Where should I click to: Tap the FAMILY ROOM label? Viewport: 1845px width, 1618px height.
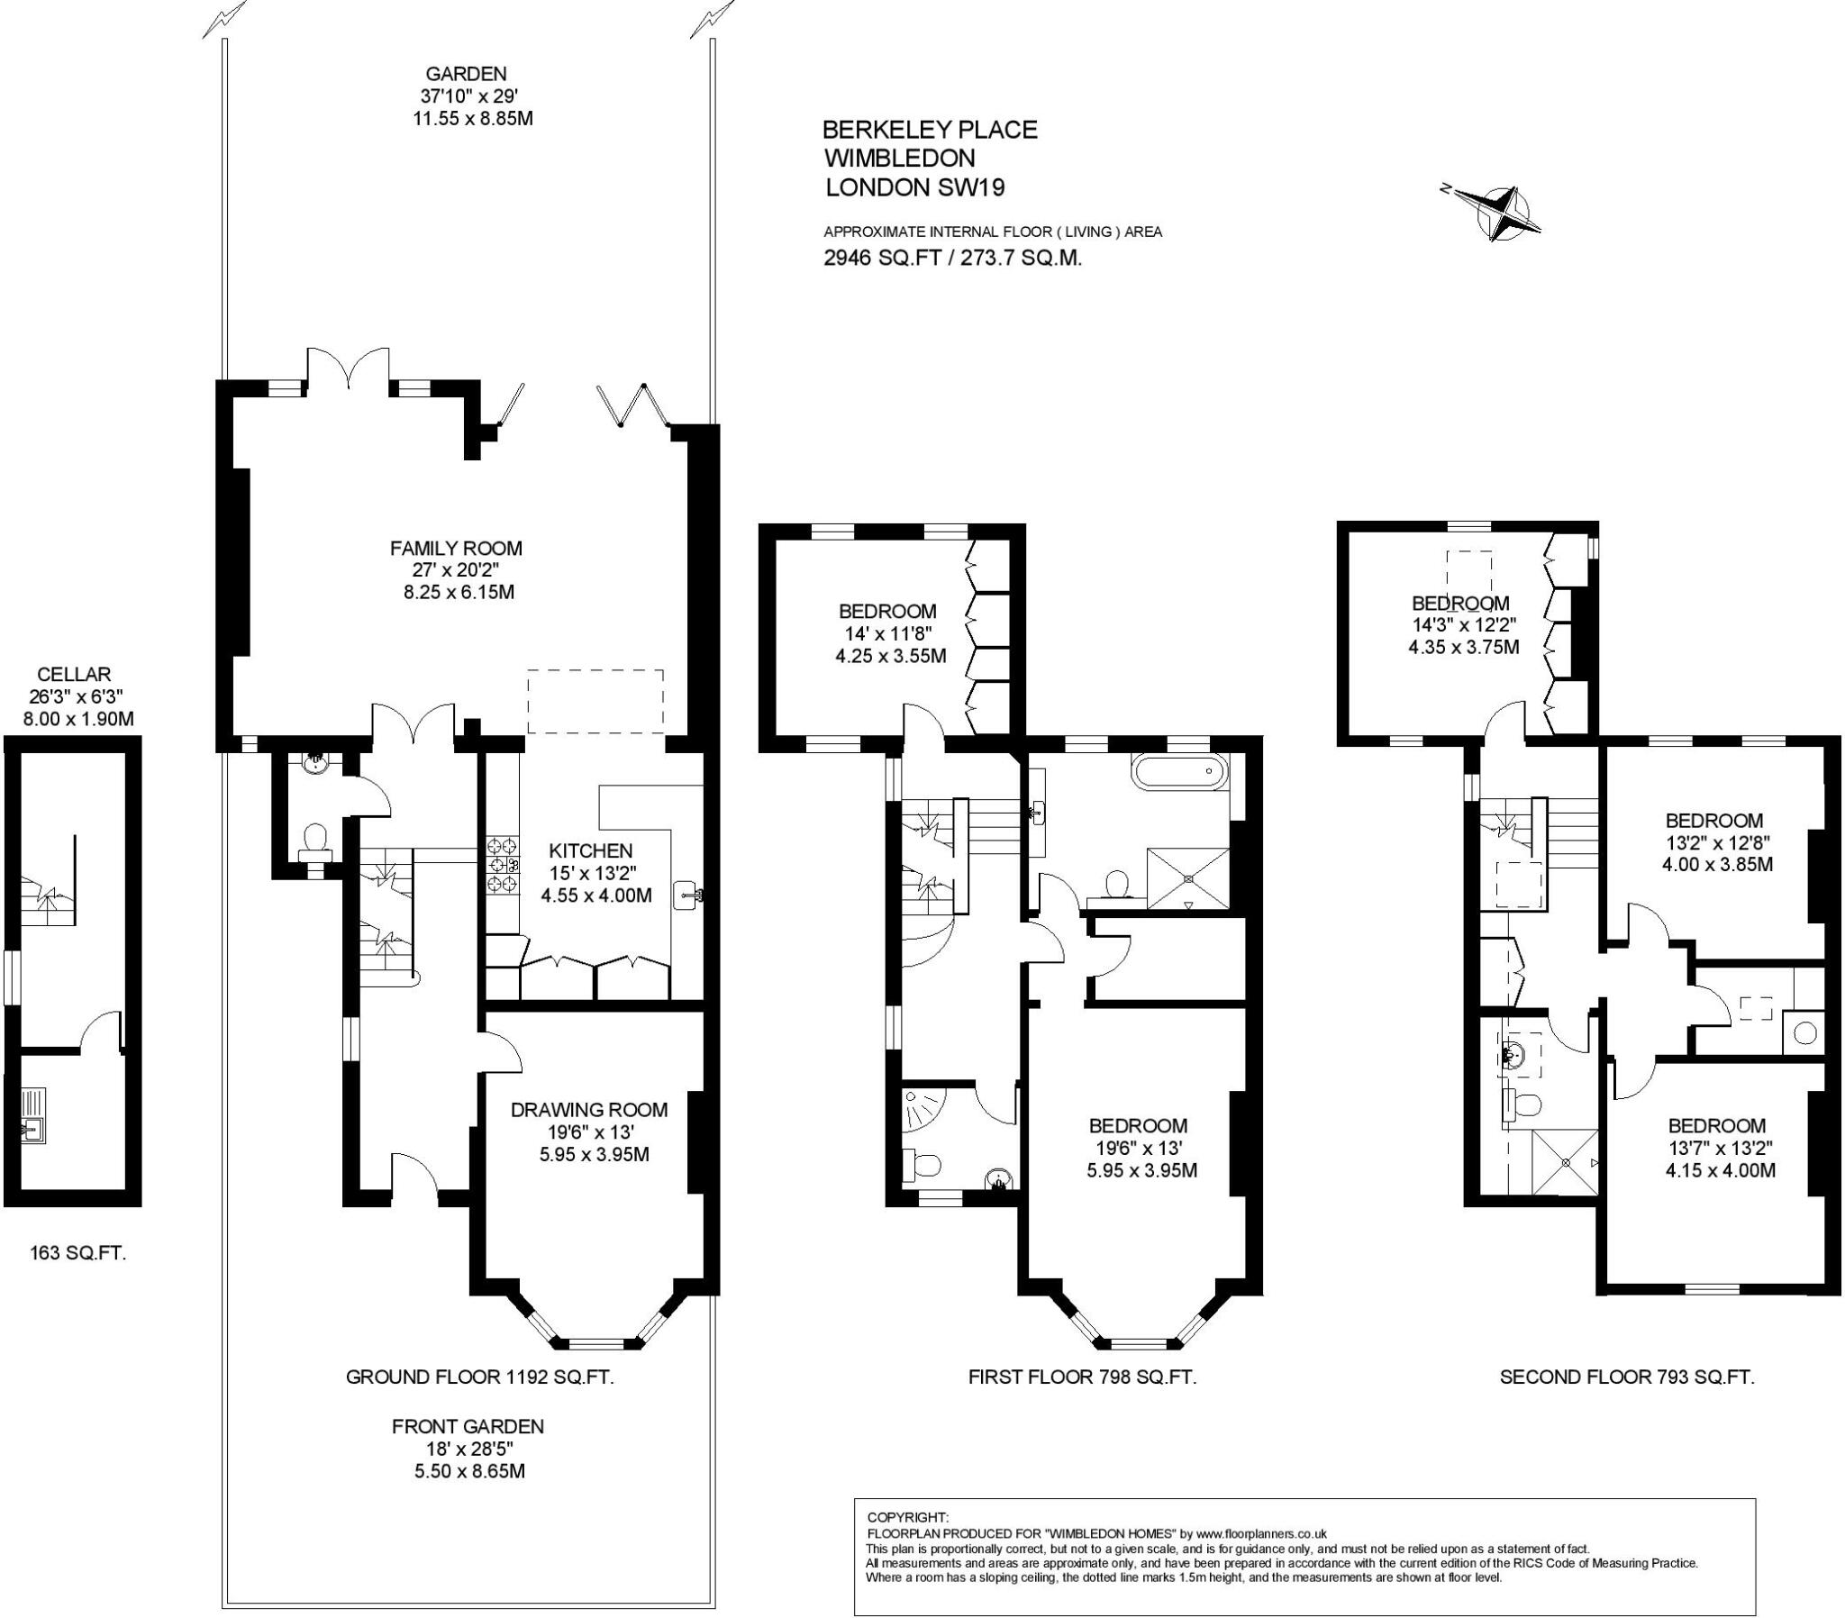pyautogui.click(x=456, y=548)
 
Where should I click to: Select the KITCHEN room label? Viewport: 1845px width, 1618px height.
pyautogui.click(x=591, y=850)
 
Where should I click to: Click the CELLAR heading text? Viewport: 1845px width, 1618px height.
pyautogui.click(x=74, y=675)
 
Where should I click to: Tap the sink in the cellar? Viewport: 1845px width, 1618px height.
pyautogui.click(x=33, y=1127)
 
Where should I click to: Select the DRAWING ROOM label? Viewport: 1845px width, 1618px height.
pyautogui.click(x=589, y=1110)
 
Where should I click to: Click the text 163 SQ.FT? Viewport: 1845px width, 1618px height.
pyautogui.click(x=77, y=1252)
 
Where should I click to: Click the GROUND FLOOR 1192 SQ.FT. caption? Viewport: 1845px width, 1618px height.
pyautogui.click(x=479, y=1377)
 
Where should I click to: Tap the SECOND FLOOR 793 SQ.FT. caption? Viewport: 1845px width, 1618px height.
pyautogui.click(x=1627, y=1377)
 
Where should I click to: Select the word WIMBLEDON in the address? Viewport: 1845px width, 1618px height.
pyautogui.click(x=900, y=158)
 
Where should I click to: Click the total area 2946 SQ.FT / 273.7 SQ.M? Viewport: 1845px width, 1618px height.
pyautogui.click(x=952, y=259)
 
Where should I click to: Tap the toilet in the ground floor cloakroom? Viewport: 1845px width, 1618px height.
pyautogui.click(x=315, y=837)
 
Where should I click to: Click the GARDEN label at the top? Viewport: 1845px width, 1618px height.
pyautogui.click(x=466, y=74)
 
